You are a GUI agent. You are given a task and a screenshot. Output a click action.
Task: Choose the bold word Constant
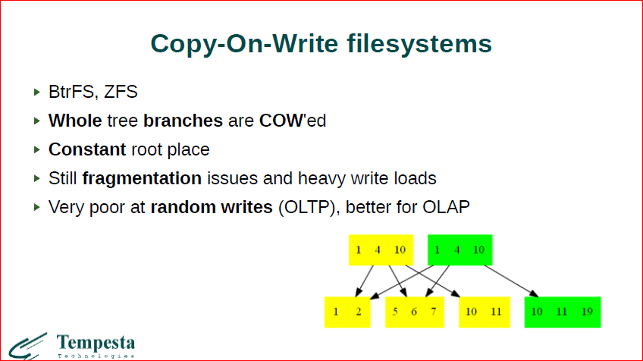86,149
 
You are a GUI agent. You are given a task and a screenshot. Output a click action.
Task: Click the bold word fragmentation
142,178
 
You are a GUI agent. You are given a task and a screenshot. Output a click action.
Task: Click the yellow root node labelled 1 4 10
380,250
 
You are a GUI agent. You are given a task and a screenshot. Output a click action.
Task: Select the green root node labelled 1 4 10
460,250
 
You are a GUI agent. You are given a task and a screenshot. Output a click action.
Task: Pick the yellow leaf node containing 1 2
347,312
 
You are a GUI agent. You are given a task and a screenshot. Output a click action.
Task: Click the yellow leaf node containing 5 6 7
414,312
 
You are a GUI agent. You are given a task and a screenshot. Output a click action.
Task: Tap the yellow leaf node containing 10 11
482,312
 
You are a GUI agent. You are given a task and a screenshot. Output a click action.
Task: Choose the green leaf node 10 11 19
562,312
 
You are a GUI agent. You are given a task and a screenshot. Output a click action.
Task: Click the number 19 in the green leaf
587,312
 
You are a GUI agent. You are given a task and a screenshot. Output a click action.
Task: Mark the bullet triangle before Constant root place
37,149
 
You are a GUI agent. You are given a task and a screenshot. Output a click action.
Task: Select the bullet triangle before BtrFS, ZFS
37,93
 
